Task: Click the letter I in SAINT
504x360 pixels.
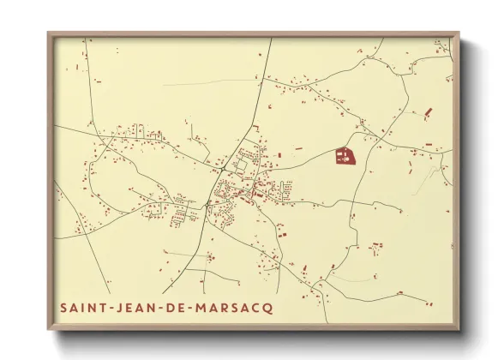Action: (84, 307)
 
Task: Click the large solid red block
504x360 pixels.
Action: (343, 157)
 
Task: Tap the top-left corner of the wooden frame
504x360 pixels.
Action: (48, 33)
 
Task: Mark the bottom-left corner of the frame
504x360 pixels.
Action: (48, 330)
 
